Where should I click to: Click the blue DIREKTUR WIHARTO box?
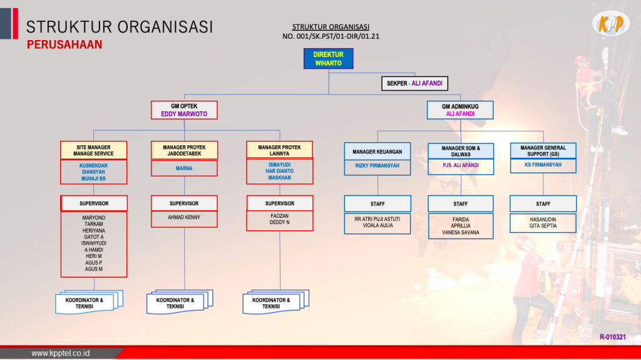(329, 59)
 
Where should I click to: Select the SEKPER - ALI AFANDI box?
(414, 83)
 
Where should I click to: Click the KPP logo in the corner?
(610, 24)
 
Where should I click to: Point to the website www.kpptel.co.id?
(61, 353)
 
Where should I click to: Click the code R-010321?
(612, 337)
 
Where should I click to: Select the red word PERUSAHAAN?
(64, 45)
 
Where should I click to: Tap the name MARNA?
(184, 168)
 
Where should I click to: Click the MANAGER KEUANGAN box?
(377, 152)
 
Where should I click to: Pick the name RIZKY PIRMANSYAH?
(377, 165)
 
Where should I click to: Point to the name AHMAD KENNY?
(184, 217)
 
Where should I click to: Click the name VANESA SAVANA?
(460, 232)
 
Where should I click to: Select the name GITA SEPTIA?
(543, 225)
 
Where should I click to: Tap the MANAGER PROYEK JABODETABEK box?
(184, 151)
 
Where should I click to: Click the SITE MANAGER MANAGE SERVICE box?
(94, 151)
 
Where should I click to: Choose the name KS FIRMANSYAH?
(543, 165)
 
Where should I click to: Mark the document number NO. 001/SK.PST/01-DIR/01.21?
(331, 36)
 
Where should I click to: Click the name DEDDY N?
(279, 222)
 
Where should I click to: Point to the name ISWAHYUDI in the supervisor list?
(94, 243)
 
